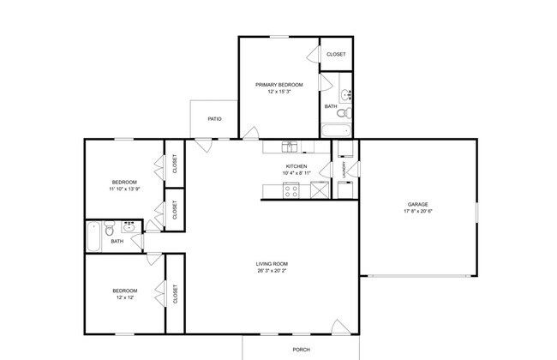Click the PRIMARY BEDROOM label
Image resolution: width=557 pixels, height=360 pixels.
coord(278,84)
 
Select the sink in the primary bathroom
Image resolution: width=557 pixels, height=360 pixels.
coord(344,93)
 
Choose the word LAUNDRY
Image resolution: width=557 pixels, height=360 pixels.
coord(344,169)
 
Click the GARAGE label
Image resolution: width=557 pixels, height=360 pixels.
coord(416,204)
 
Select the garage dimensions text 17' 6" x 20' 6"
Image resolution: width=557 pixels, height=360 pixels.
coord(416,212)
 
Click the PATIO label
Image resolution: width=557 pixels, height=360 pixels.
coord(214,118)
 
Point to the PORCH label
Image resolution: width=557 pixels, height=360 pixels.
coord(302,350)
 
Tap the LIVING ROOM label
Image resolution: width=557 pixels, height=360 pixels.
coord(272,264)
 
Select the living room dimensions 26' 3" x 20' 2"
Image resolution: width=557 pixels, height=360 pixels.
coord(272,272)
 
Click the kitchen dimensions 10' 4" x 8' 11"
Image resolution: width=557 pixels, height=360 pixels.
coord(296,174)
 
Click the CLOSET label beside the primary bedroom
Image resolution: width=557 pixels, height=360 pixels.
coord(337,54)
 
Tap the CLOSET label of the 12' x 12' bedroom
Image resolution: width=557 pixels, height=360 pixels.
coord(176,294)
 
